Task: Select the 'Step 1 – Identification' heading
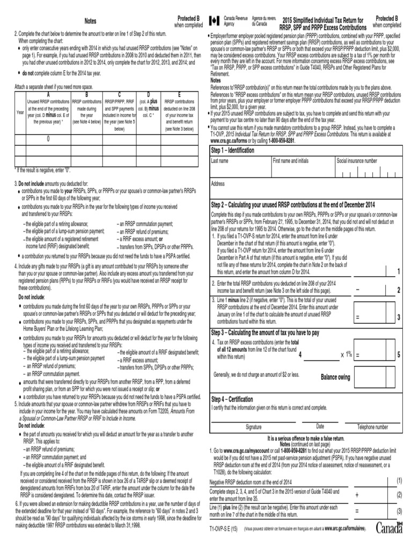click(233, 151)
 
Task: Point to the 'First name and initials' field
click(290, 161)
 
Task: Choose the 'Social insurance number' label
click(357, 161)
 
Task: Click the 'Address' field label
click(218, 183)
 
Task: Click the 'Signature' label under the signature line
click(257, 427)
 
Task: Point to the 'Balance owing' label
click(335, 377)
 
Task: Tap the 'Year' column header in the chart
click(20, 112)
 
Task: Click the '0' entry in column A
click(48, 139)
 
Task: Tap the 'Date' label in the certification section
click(320, 427)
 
